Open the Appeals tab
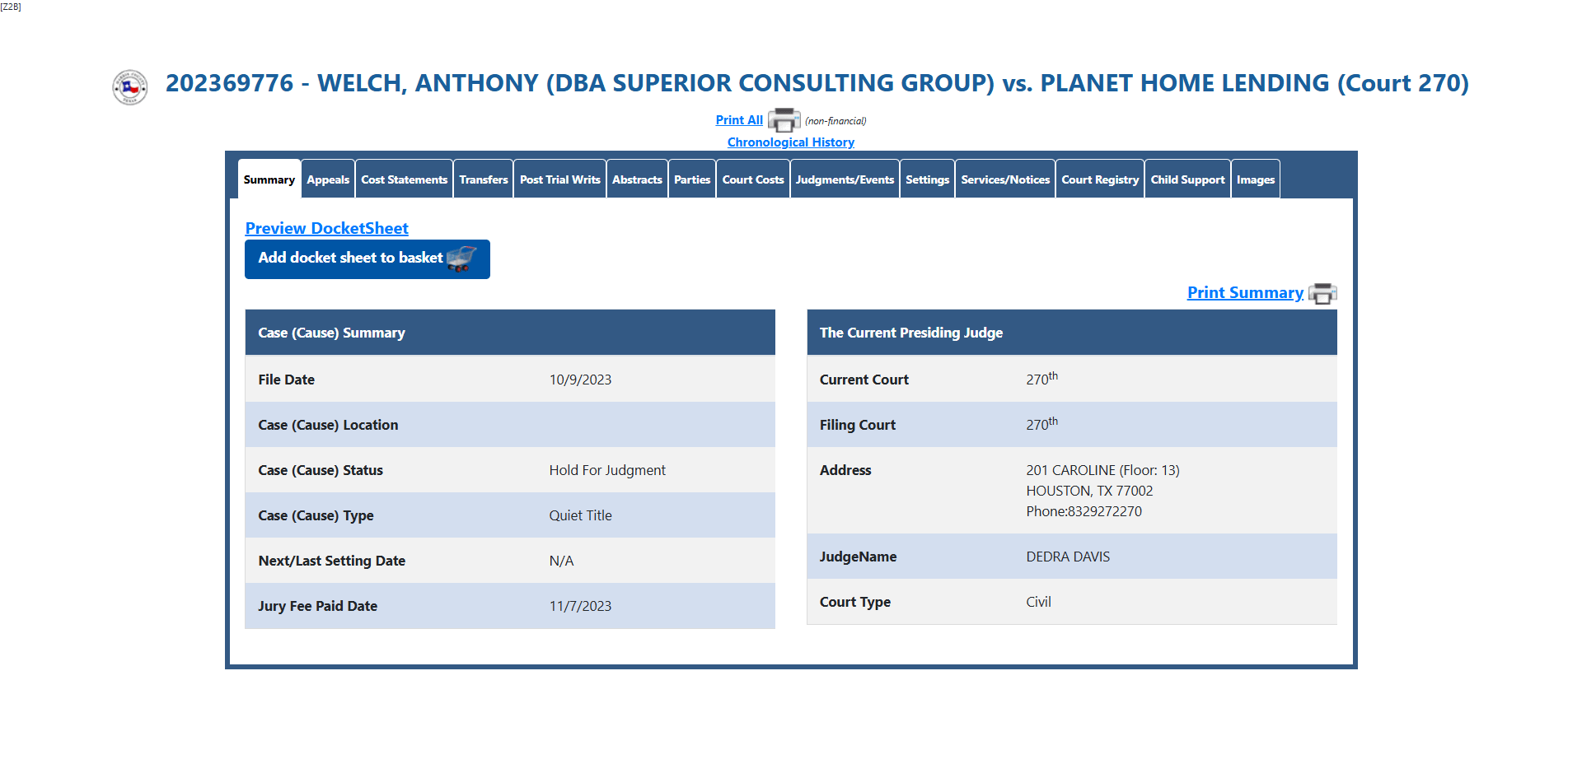point(328,179)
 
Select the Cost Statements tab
point(404,179)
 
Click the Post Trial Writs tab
point(560,179)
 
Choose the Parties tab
point(692,179)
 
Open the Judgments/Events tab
point(845,179)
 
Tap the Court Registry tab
point(1100,179)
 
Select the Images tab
point(1256,179)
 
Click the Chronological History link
point(791,142)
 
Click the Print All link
point(739,120)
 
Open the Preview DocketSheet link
point(326,228)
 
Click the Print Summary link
point(1245,292)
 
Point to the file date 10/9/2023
point(580,380)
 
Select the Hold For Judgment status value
point(607,470)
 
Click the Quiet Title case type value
point(581,515)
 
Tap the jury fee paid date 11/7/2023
point(580,606)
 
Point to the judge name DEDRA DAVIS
point(1068,557)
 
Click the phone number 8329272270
point(1105,511)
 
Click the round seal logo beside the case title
point(130,87)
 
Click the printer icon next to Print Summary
point(1322,293)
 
